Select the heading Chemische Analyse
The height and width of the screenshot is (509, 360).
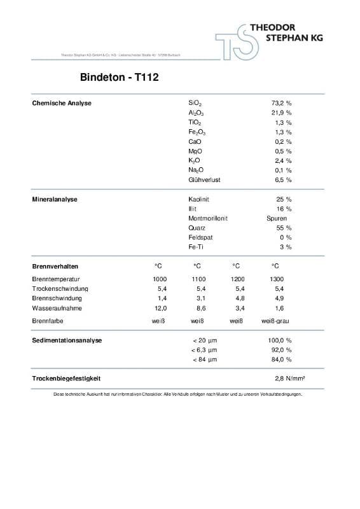[62, 103]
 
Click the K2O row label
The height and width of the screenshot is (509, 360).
[195, 161]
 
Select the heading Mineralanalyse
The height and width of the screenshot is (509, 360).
[55, 199]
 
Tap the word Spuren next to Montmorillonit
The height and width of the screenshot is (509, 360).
[277, 218]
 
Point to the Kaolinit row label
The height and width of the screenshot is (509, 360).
[200, 199]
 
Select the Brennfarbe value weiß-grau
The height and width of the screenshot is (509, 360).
[275, 321]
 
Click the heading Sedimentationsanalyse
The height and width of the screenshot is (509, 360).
[67, 340]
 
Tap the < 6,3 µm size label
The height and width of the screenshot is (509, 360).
[204, 350]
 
